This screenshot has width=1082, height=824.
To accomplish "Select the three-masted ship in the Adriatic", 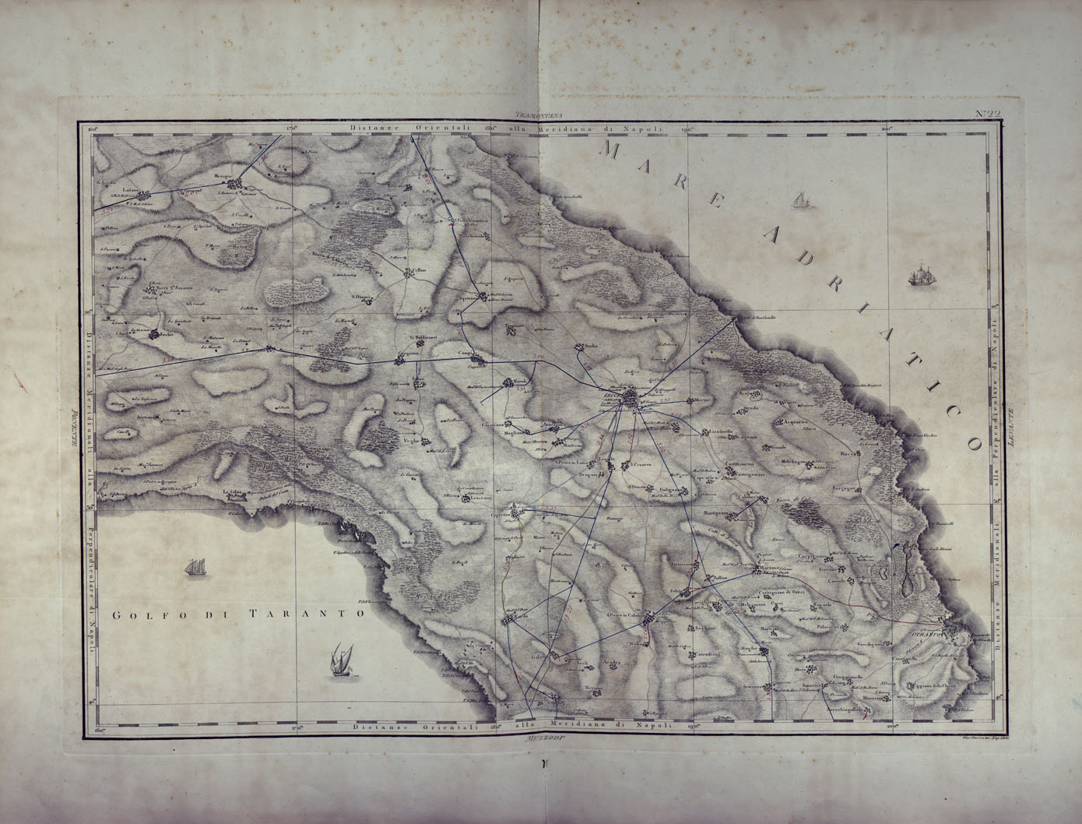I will click(921, 275).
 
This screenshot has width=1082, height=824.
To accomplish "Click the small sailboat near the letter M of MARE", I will click(798, 200).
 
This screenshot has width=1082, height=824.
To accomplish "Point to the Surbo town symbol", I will click(579, 348).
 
